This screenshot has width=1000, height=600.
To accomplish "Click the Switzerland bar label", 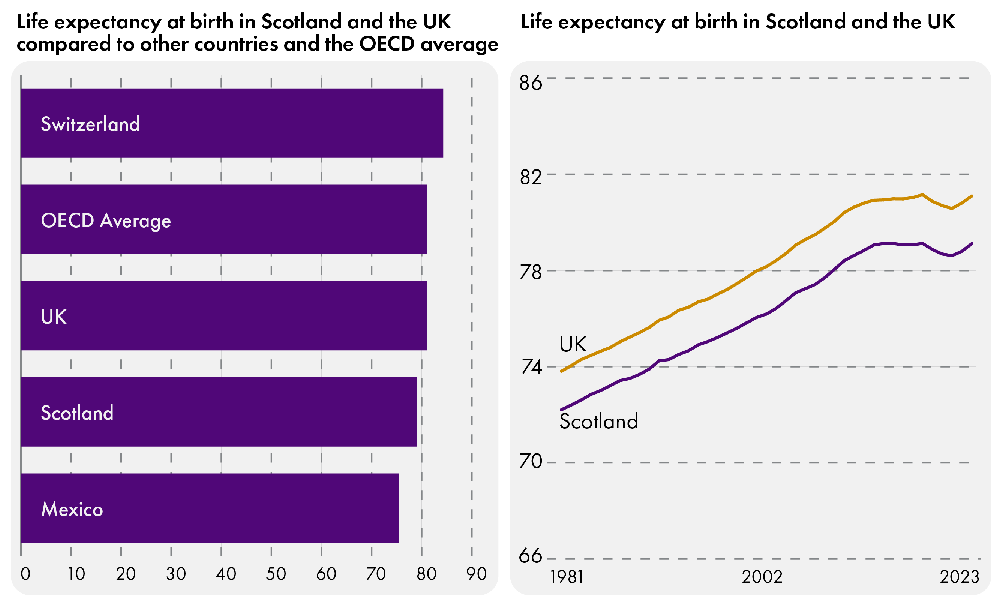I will [90, 124].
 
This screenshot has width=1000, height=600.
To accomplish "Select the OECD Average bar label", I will [106, 221].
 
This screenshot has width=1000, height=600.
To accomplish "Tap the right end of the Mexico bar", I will [398, 508].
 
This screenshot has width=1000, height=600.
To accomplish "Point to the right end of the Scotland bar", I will [415, 412].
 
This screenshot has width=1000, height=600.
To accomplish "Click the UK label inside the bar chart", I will [54, 316].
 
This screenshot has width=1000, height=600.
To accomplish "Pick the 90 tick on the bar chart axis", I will [476, 574].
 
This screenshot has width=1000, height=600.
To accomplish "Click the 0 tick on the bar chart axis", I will [25, 574].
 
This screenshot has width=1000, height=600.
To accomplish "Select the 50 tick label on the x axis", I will [276, 574].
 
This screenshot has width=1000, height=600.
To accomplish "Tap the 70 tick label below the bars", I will [376, 574].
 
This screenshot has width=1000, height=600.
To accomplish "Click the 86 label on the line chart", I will [530, 83].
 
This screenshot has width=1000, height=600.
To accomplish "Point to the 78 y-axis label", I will [530, 273].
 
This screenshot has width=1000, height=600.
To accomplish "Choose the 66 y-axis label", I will [530, 556].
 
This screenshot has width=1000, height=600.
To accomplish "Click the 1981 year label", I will [567, 577].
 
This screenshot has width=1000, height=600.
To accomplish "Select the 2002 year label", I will [762, 577].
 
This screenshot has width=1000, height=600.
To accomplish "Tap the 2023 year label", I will [960, 577].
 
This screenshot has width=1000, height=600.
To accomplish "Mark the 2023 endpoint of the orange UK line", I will [972, 196].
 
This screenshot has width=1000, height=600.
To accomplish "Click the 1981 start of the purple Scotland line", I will [561, 409].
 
